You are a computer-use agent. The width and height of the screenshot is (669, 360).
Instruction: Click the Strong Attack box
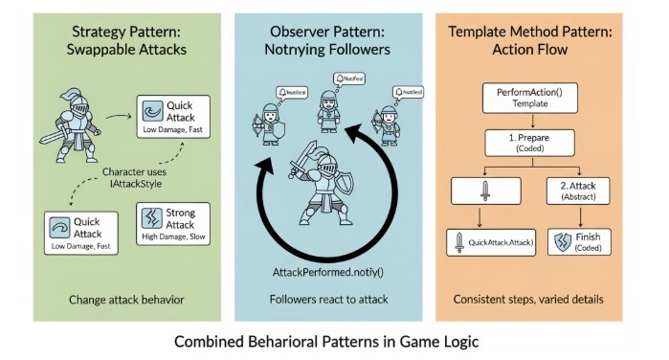[x=174, y=222]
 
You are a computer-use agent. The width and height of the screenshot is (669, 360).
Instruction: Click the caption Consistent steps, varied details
[x=529, y=300]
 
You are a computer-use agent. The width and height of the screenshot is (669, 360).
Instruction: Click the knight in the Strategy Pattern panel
[x=75, y=124]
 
